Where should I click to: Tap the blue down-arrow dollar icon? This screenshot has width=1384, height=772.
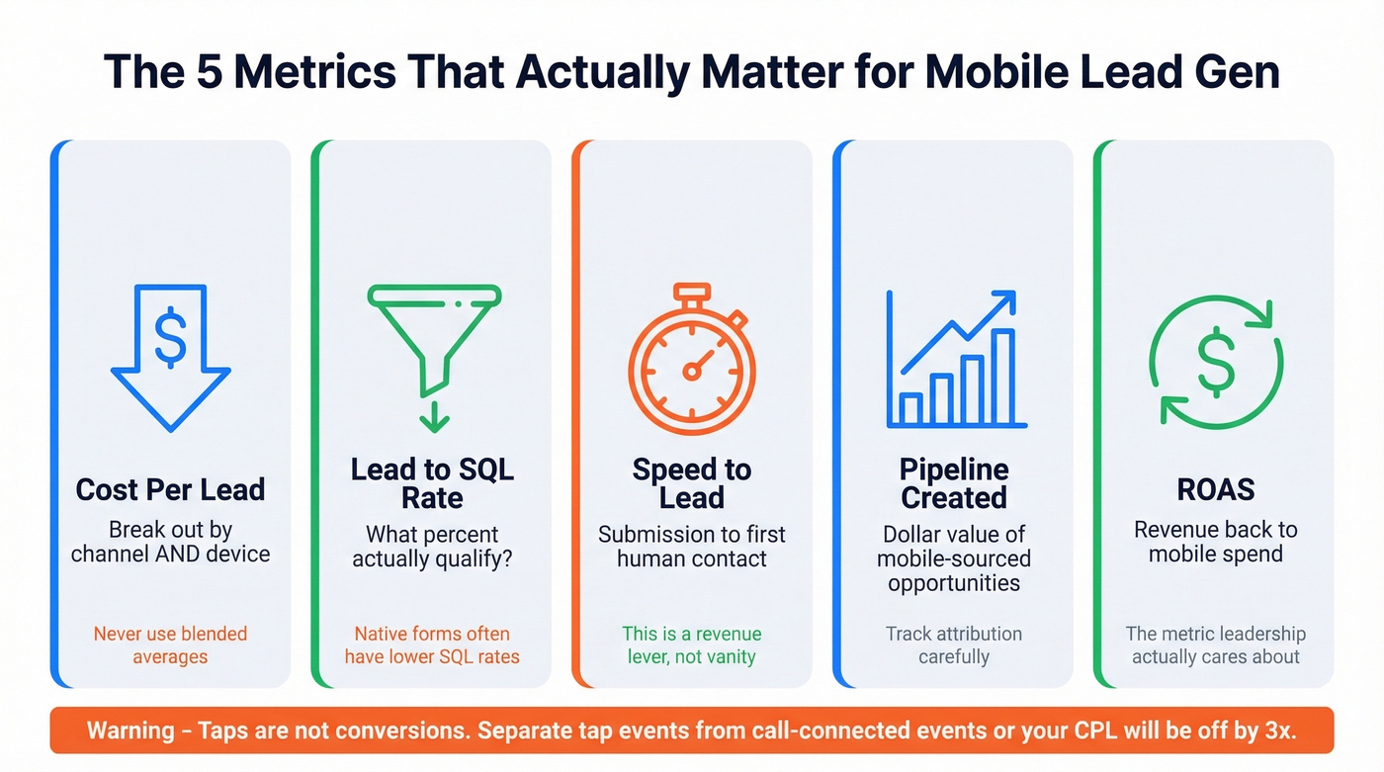click(171, 356)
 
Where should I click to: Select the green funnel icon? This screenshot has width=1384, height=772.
click(434, 336)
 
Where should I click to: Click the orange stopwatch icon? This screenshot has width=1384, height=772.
click(692, 366)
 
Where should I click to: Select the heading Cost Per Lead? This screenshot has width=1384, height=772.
click(171, 489)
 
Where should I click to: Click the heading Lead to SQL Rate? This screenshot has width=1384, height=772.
click(432, 482)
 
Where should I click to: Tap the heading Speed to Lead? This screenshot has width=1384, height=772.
click(692, 482)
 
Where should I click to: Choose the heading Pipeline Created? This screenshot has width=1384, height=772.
click(954, 482)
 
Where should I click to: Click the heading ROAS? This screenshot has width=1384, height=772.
click(1216, 489)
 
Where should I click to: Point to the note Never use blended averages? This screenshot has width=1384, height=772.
click(171, 644)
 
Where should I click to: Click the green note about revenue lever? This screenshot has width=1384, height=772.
click(692, 644)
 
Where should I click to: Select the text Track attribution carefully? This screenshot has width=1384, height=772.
click(954, 644)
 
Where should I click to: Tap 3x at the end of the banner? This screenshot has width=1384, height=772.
click(1277, 731)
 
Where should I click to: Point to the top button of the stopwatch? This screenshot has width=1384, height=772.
click(692, 293)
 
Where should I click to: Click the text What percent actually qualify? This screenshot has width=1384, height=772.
click(432, 546)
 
